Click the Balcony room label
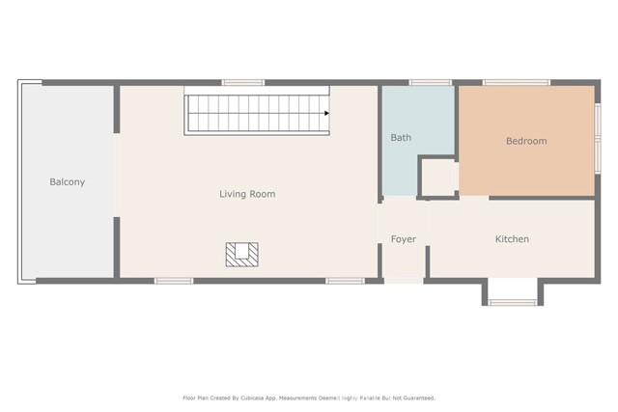click(x=68, y=181)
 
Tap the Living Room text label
click(x=247, y=194)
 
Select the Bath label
click(x=401, y=138)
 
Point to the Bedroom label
click(x=526, y=141)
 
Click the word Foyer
click(x=404, y=239)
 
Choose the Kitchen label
click(x=512, y=239)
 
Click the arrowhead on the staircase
click(x=327, y=113)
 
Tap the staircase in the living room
click(x=257, y=113)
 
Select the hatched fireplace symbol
click(x=242, y=254)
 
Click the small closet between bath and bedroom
click(x=438, y=178)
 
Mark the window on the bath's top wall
click(x=430, y=83)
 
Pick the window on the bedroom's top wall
click(x=516, y=83)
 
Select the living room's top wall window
click(x=243, y=83)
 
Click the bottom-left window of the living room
click(x=174, y=281)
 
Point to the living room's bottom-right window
click(x=345, y=281)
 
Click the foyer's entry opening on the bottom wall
click(x=404, y=281)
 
